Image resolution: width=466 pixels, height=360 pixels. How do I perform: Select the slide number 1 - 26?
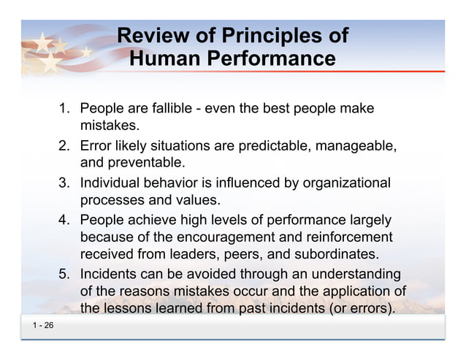click(42, 325)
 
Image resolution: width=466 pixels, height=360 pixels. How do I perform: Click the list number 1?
click(64, 109)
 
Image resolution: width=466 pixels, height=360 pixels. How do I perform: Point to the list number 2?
click(64, 145)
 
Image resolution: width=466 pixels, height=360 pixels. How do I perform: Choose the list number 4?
click(64, 220)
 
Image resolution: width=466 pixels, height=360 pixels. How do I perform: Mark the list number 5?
click(64, 274)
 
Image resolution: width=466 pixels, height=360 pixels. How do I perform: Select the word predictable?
click(278, 145)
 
